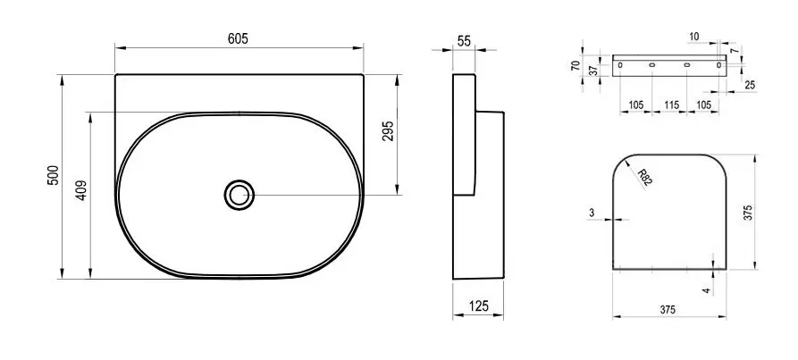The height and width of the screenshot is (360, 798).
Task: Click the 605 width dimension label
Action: pyautogui.click(x=238, y=38)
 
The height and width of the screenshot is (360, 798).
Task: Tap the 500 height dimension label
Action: pyautogui.click(x=55, y=175)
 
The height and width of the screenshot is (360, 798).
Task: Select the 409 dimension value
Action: pyautogui.click(x=82, y=190)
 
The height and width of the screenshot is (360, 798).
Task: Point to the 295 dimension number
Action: pyautogui.click(x=388, y=131)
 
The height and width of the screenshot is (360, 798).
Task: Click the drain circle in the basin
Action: pyautogui.click(x=239, y=195)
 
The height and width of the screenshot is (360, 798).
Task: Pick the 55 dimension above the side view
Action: pyautogui.click(x=464, y=42)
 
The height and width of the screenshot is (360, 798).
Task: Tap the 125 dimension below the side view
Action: pyautogui.click(x=478, y=306)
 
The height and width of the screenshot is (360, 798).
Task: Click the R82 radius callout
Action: pyautogui.click(x=645, y=178)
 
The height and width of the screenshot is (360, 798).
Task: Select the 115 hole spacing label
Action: pyautogui.click(x=671, y=105)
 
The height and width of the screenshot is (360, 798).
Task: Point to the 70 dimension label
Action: pyautogui.click(x=575, y=65)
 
